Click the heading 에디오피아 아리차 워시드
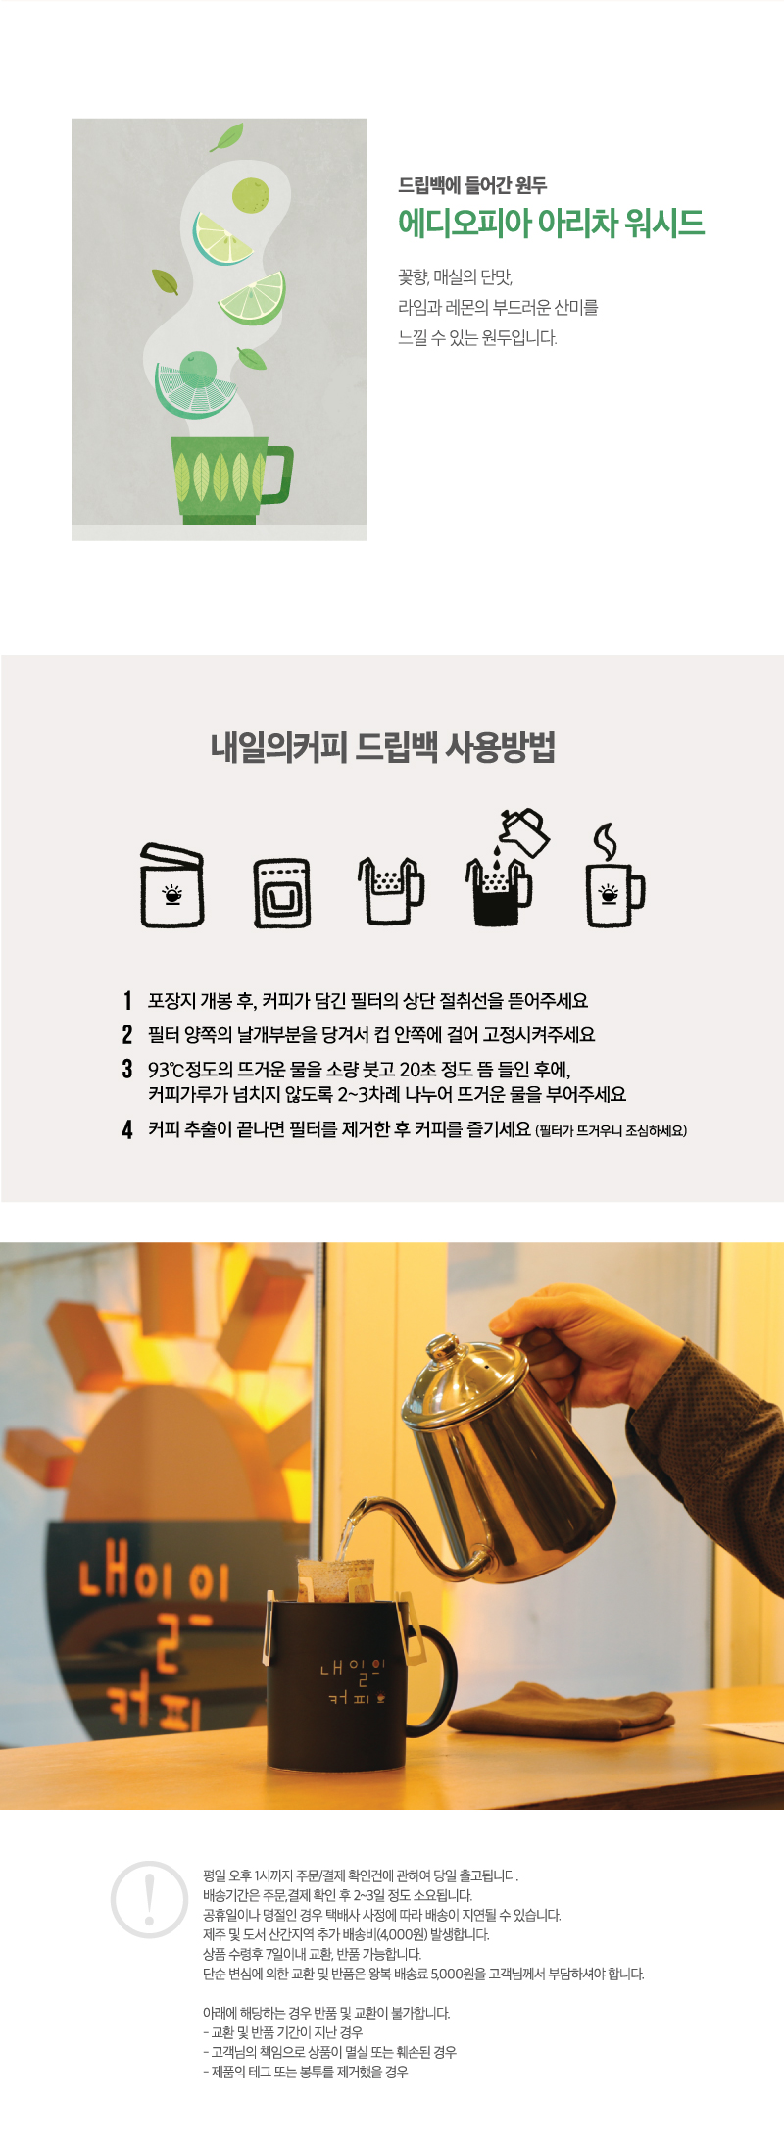tap(551, 223)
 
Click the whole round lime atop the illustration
tap(251, 194)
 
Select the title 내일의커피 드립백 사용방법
tap(383, 747)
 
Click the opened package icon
tap(172, 885)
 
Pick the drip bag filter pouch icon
tap(282, 893)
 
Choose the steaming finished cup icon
tap(614, 875)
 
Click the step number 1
tap(127, 1000)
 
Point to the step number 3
tap(127, 1069)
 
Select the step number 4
tap(127, 1129)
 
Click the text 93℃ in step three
tap(166, 1069)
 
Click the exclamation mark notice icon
tap(149, 1899)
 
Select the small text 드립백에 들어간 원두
tap(472, 185)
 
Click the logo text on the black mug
tap(352, 1680)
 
